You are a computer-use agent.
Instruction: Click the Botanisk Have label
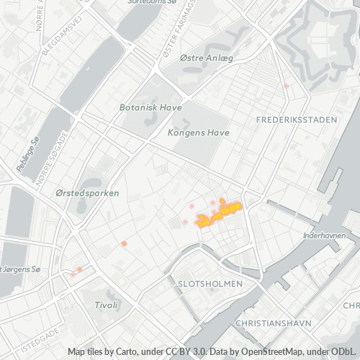(x=150, y=107)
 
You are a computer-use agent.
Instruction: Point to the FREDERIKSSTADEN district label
(x=296, y=120)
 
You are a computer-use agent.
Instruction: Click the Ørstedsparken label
(x=87, y=194)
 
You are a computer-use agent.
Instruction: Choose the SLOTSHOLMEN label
(x=210, y=284)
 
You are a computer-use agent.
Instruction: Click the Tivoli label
(x=106, y=305)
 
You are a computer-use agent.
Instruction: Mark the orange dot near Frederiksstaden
(x=286, y=86)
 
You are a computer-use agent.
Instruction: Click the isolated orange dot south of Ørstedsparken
(x=124, y=244)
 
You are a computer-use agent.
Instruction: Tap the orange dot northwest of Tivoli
(x=79, y=269)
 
